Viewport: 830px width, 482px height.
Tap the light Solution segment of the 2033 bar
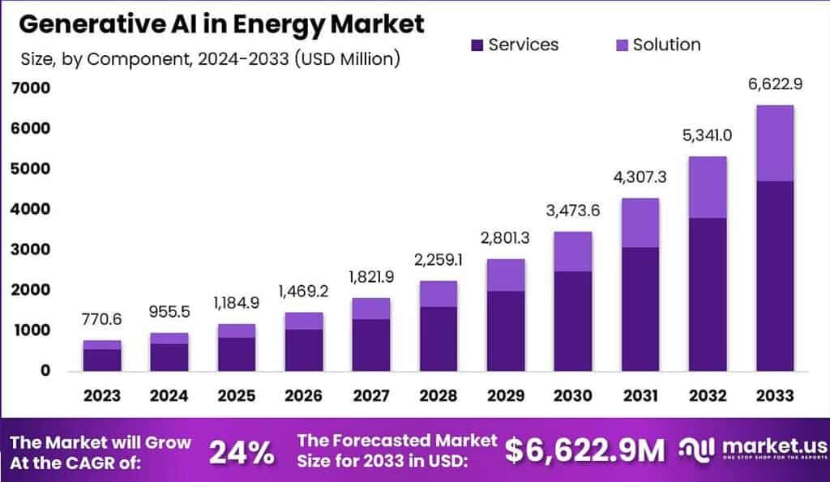tap(774, 143)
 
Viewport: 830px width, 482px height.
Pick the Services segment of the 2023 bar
tap(103, 360)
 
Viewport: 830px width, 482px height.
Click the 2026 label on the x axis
tap(304, 395)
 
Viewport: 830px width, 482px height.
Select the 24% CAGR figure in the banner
tap(242, 451)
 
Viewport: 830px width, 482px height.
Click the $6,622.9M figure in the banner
tap(584, 450)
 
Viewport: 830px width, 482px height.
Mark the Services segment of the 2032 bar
tap(707, 294)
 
